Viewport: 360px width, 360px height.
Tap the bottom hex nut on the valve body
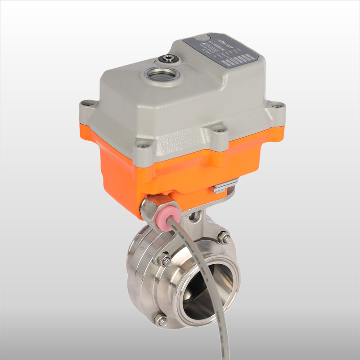point(161,320)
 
